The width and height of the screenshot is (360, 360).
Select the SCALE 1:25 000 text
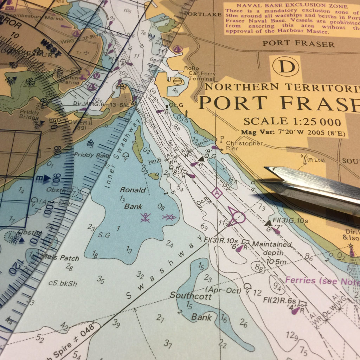(292, 122)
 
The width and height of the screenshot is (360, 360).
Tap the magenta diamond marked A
(217, 193)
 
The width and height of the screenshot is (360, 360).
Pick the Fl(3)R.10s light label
(221, 240)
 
